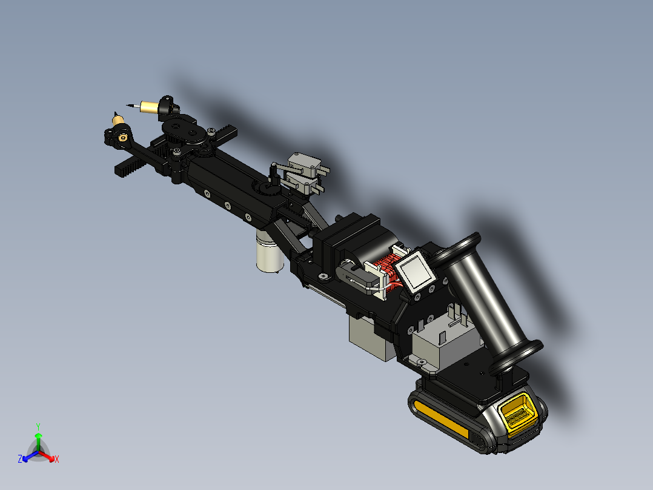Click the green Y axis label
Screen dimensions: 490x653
pyautogui.click(x=38, y=426)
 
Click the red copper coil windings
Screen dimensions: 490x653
pyautogui.click(x=385, y=270)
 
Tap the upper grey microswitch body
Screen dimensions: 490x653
pyautogui.click(x=305, y=163)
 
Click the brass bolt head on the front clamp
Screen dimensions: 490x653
pyautogui.click(x=123, y=138)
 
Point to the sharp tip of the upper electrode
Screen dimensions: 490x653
pyautogui.click(x=128, y=104)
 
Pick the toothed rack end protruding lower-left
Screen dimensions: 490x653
pyautogui.click(x=124, y=169)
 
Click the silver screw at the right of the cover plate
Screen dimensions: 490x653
pyautogui.click(x=210, y=131)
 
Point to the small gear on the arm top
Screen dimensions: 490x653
pyautogui.click(x=267, y=190)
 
